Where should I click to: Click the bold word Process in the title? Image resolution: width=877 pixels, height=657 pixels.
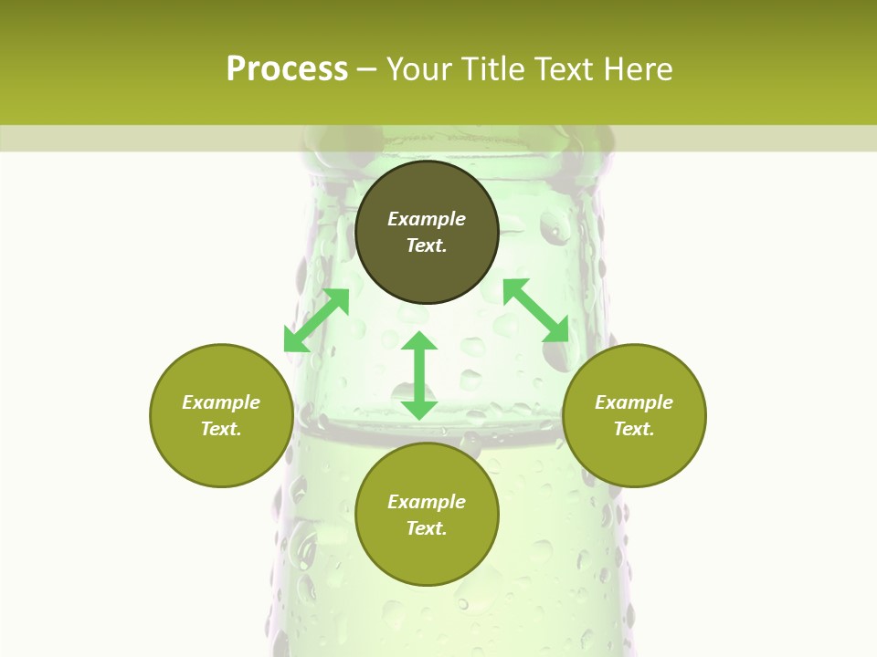[x=287, y=69]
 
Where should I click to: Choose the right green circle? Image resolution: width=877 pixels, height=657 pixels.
[x=634, y=456]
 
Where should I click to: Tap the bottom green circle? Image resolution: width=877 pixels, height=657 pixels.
[x=427, y=557]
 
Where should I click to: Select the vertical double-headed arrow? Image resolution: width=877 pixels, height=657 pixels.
[x=419, y=375]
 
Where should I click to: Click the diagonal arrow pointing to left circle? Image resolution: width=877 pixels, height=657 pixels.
[x=316, y=320]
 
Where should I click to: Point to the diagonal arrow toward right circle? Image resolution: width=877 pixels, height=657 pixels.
[x=535, y=310]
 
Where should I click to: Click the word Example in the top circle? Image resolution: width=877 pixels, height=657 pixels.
[x=427, y=219]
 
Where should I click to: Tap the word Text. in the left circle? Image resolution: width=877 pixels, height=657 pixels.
[x=221, y=429]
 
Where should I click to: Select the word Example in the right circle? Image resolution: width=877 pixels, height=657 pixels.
[x=634, y=402]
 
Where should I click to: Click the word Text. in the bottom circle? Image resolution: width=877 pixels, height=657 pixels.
[x=427, y=528]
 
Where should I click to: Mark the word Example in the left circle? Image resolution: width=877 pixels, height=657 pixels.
[x=221, y=402]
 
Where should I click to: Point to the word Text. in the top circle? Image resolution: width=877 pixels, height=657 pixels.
[x=427, y=245]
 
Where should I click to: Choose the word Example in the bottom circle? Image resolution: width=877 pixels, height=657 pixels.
[x=427, y=502]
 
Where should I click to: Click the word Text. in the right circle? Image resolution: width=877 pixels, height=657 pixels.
[x=634, y=429]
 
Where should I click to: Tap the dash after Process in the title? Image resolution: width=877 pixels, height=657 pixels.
[x=367, y=69]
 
